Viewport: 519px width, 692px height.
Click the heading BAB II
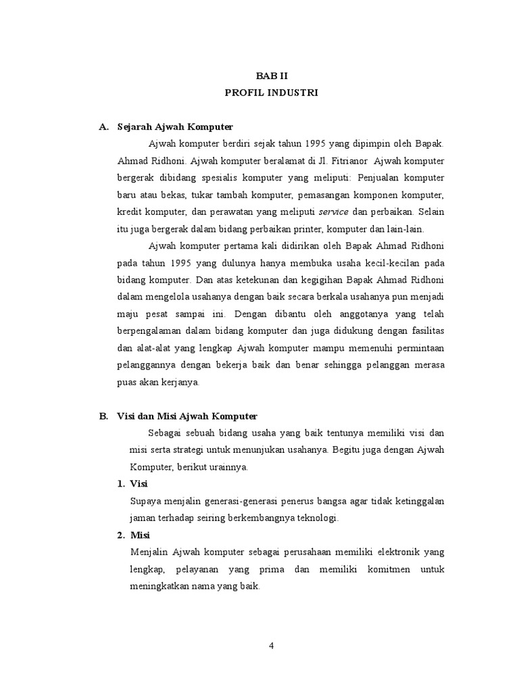(271, 76)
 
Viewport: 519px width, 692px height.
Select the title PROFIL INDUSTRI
(271, 93)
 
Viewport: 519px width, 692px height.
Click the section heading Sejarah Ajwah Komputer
(174, 126)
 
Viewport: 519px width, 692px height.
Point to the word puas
(128, 382)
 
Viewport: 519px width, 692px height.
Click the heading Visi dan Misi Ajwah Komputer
(187, 416)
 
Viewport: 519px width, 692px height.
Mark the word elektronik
(380, 552)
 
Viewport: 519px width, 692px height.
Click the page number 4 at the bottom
(271, 645)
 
